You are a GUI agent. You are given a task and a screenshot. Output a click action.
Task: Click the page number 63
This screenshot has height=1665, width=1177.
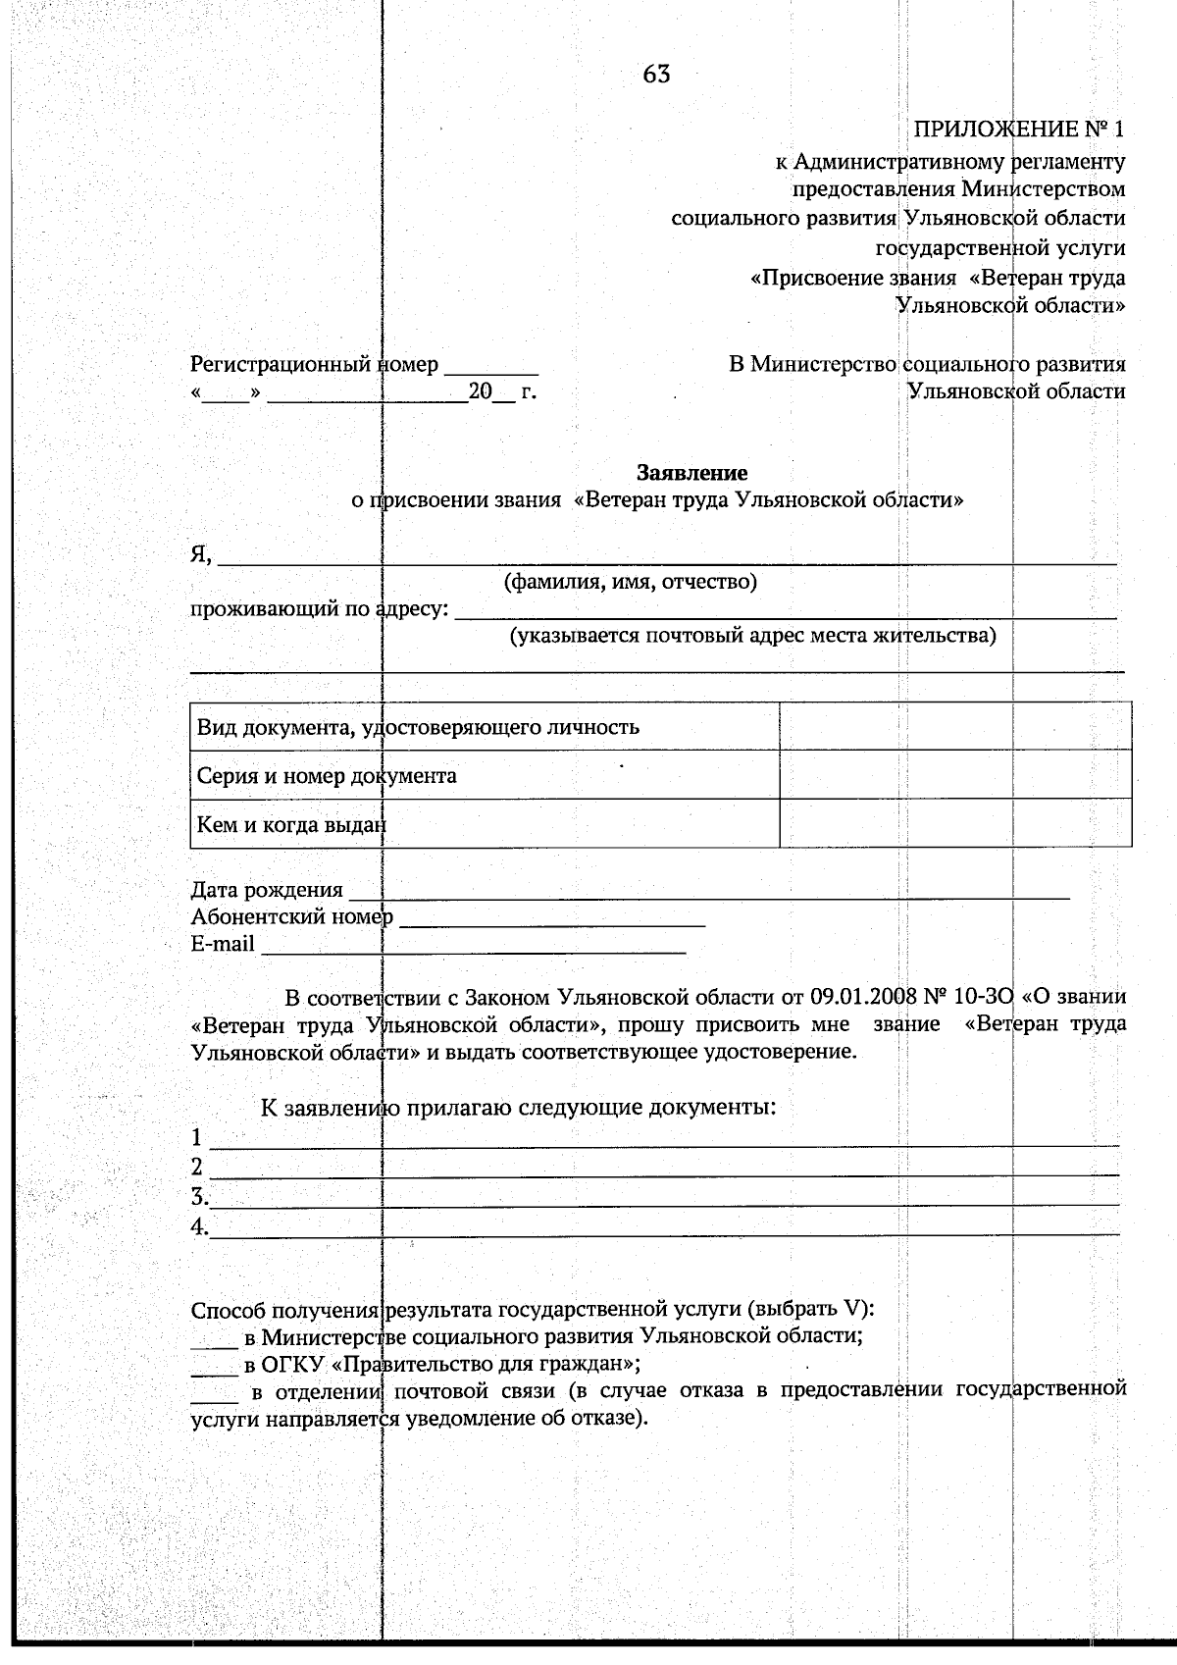(657, 75)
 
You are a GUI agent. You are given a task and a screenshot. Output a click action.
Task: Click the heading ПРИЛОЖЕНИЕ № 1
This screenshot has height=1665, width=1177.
(1019, 130)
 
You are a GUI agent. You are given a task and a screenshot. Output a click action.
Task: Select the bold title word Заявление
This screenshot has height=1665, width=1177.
(692, 473)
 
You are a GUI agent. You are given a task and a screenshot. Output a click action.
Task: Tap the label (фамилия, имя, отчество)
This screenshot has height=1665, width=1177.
(630, 582)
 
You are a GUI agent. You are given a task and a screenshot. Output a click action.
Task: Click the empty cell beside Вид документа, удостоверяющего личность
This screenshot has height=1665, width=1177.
(954, 727)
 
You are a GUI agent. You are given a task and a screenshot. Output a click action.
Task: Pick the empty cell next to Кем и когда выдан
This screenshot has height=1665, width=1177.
(954, 824)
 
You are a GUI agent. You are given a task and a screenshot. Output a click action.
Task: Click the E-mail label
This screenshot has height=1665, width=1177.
(223, 944)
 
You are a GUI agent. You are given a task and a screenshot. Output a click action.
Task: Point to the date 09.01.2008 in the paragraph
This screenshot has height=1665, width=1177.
(863, 998)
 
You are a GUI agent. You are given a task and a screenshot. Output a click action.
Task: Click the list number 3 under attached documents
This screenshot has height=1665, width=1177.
(198, 1197)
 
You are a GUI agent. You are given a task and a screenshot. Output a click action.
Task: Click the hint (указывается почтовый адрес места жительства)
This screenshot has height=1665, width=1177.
(751, 636)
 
